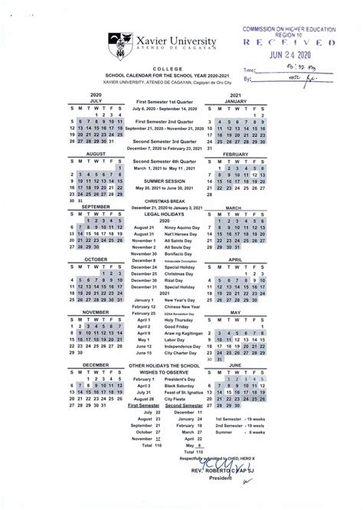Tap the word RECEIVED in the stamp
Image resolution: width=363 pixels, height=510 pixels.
click(x=295, y=43)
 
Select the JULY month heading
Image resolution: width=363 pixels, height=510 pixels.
click(x=95, y=100)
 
